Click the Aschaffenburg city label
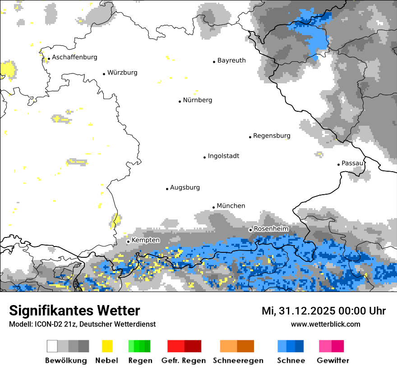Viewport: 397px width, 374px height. (x=74, y=57)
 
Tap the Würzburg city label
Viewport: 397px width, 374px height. (x=122, y=73)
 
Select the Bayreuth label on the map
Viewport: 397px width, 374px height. (x=231, y=60)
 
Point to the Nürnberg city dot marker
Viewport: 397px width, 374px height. (x=180, y=101)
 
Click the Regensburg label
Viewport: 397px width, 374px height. (x=272, y=136)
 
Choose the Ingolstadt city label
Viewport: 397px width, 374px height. (x=223, y=156)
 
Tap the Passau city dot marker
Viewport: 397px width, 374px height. (x=338, y=164)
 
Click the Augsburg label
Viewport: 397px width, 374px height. (x=185, y=187)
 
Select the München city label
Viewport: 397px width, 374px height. (x=231, y=206)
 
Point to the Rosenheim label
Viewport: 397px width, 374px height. (x=271, y=229)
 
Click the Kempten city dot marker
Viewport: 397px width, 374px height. (x=128, y=242)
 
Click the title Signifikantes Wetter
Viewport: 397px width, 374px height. (x=74, y=310)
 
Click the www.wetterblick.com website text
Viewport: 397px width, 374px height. (x=326, y=324)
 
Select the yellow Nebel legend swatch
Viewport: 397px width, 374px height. (x=107, y=346)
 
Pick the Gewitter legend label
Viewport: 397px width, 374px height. (x=333, y=360)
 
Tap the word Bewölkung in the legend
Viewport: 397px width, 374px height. (x=66, y=360)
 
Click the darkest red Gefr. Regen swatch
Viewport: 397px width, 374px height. (x=193, y=346)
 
